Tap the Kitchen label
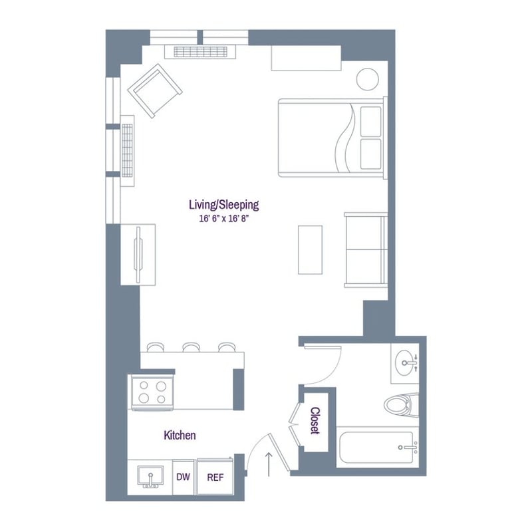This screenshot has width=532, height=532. pos(180,436)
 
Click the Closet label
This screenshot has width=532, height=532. pos(315,421)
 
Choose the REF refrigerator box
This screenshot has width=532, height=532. pos(215,477)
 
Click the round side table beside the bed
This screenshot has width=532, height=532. pos(366,80)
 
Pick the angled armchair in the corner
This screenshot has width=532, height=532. pos(155,90)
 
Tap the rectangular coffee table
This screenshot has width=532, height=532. pos(310,249)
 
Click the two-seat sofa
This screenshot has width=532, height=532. pos(366,250)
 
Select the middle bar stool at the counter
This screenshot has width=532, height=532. pos(192,346)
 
